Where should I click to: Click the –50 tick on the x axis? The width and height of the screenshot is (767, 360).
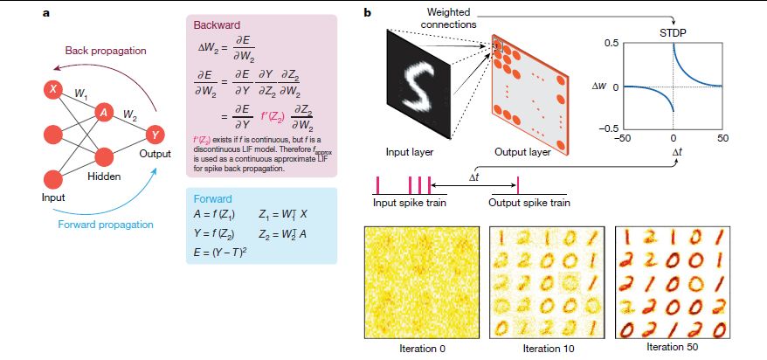point(623,138)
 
